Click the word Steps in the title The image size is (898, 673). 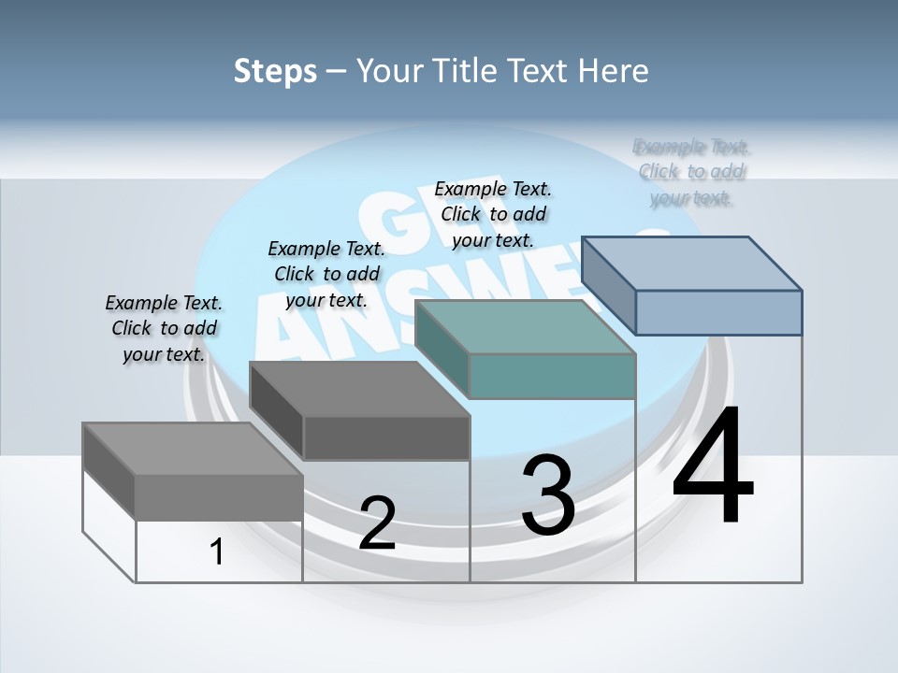point(275,71)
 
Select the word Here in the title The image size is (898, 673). point(613,71)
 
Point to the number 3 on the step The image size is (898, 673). point(548,494)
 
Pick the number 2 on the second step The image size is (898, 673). point(377,523)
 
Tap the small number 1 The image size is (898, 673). point(217,551)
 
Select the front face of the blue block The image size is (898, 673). point(718,312)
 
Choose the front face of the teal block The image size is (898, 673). point(552,376)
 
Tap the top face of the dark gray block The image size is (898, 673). point(360,388)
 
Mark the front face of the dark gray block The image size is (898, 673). point(386,437)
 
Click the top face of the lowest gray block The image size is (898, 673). point(193,449)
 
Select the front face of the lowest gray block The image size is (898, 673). point(219,497)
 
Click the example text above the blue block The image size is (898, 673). point(691,172)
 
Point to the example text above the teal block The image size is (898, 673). point(493,214)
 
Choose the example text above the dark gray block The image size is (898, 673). point(326,274)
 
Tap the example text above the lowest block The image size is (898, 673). point(164,328)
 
